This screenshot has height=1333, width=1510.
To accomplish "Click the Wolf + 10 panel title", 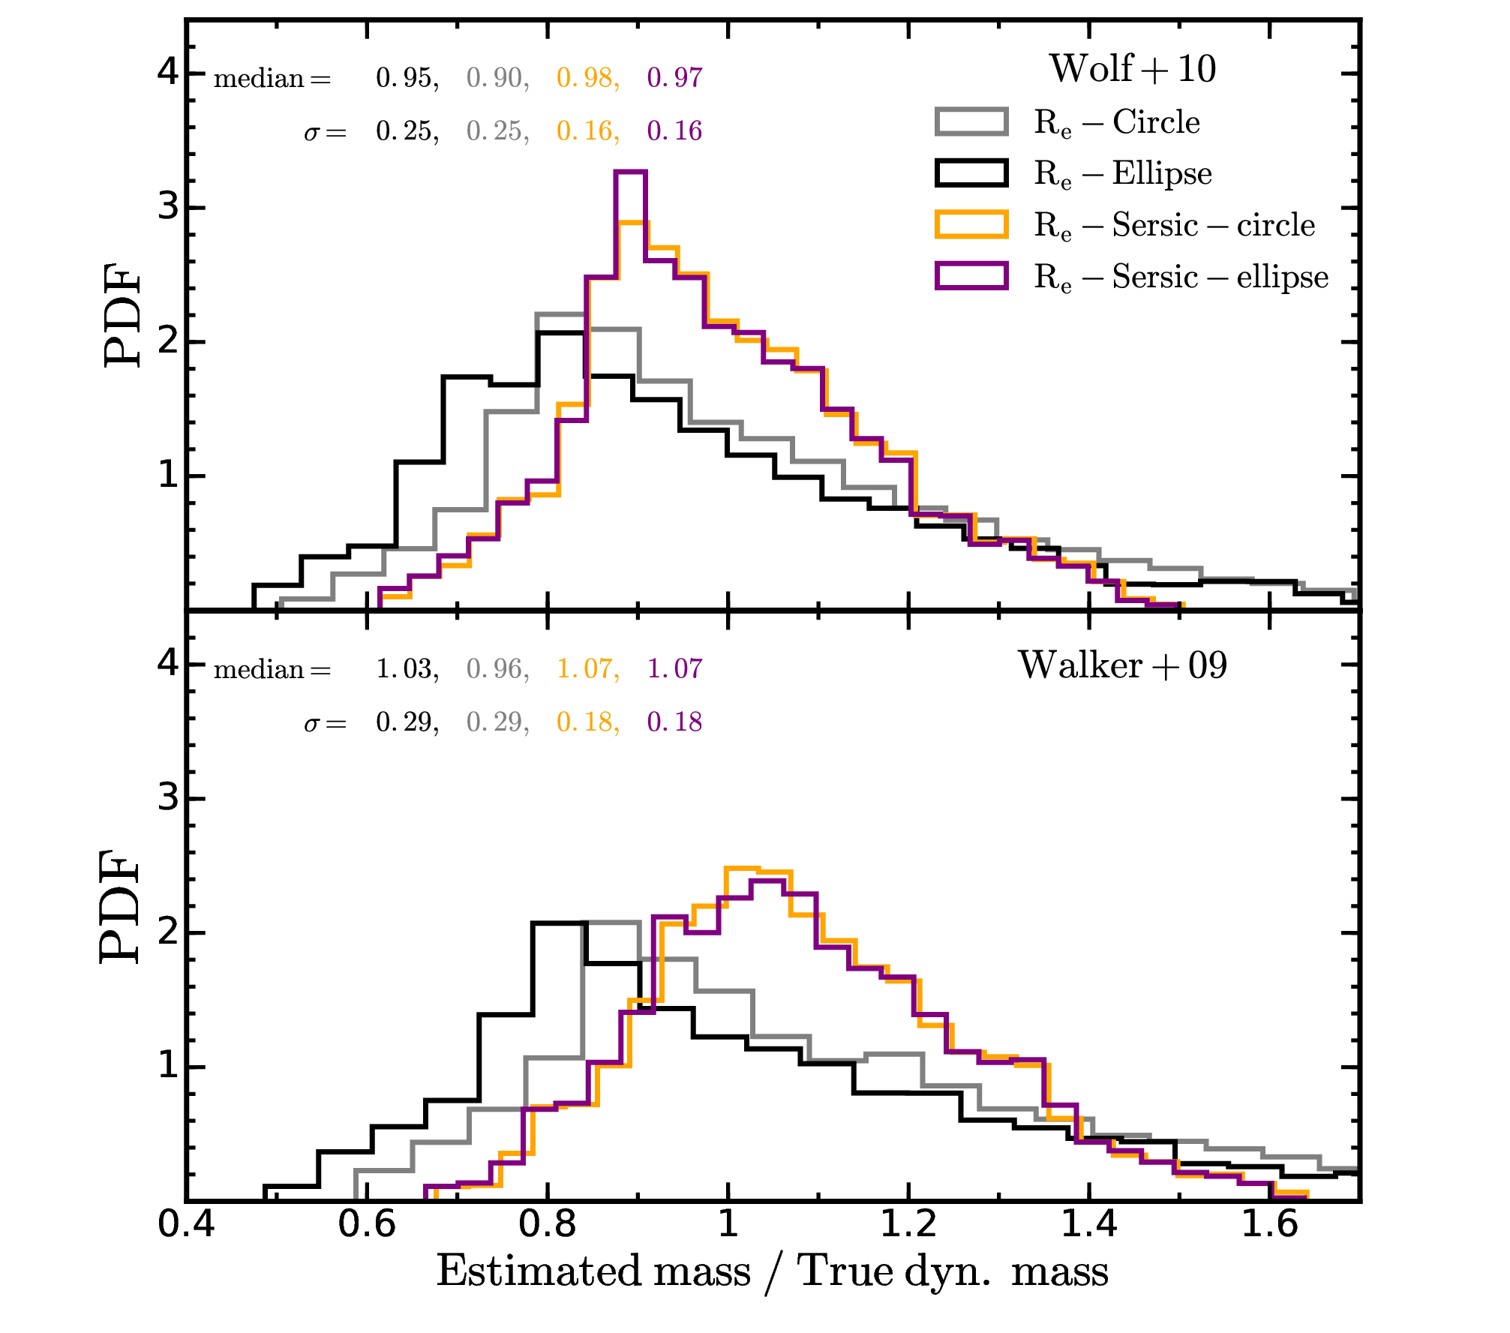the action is [1133, 69].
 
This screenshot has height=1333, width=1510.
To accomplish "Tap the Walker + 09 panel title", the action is [1122, 665].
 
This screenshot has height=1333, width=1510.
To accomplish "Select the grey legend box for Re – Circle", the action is [971, 122].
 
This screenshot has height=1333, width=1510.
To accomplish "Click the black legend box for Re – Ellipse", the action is [971, 173].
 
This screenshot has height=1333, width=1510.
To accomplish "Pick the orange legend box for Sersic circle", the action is [971, 224].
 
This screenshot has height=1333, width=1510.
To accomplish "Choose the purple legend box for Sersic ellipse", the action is [971, 276].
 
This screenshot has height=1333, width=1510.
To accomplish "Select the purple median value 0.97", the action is [675, 77].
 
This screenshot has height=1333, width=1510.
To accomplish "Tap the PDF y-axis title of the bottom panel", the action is [121, 905].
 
